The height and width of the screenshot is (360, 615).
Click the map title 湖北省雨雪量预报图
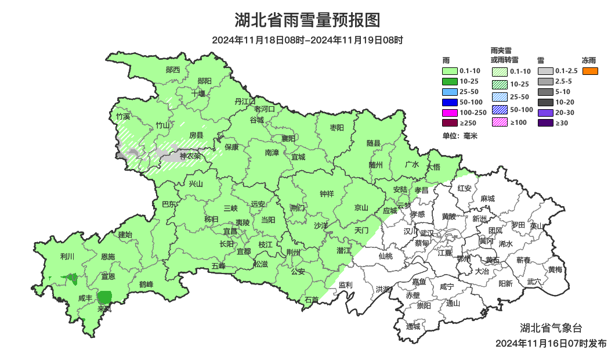[x=307, y=20]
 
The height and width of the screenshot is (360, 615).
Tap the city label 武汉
[x=427, y=232]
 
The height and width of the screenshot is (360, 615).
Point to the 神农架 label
[x=190, y=156]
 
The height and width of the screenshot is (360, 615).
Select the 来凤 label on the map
[x=104, y=308]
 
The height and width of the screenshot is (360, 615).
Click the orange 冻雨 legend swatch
[x=590, y=71]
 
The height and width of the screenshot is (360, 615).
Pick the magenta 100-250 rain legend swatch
[x=451, y=113]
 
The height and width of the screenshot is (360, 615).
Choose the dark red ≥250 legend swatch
[x=451, y=123]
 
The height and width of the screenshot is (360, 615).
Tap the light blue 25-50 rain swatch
[x=451, y=92]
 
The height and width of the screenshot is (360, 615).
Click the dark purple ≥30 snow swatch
[x=545, y=123]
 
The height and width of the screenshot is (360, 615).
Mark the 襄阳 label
[x=288, y=138]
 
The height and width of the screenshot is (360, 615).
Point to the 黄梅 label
[x=555, y=269]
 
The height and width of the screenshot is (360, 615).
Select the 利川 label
[x=67, y=256]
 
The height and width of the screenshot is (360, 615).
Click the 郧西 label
[x=173, y=70]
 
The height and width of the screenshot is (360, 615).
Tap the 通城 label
[x=413, y=326]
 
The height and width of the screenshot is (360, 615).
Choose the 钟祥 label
[x=327, y=195]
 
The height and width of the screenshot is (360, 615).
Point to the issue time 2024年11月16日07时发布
[x=551, y=343]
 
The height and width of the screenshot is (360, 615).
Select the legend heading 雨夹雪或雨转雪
[x=504, y=55]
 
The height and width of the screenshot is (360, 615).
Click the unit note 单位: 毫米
[x=460, y=136]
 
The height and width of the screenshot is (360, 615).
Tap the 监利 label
[x=346, y=285]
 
